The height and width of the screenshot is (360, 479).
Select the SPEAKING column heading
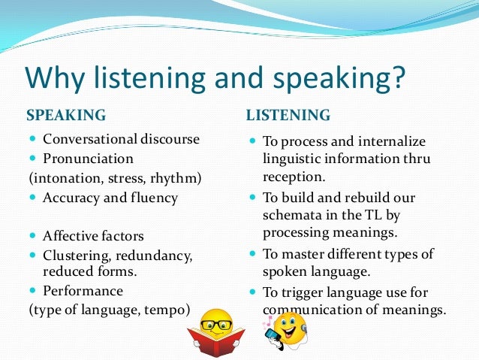[66, 116]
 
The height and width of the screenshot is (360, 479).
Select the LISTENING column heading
[288, 116]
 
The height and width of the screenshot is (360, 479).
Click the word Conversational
[89, 139]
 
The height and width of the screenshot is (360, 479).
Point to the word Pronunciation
[89, 159]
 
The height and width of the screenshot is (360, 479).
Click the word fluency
[153, 198]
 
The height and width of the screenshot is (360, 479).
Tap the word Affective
[71, 236]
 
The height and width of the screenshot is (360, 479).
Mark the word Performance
[83, 290]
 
